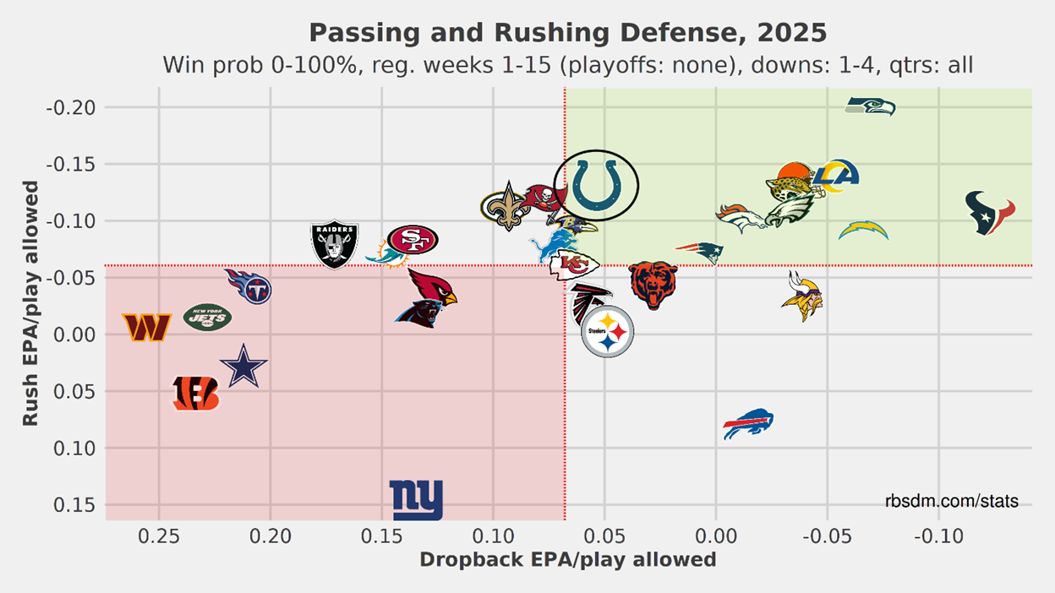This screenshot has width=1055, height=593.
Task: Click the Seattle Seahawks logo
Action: (870, 106)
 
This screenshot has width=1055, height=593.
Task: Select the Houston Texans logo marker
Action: (990, 213)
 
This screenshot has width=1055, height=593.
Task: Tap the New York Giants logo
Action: (416, 500)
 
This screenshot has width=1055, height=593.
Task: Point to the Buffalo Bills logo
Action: (749, 423)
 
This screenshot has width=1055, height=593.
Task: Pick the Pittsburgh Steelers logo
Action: (607, 333)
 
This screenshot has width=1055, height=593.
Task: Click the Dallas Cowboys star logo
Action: (243, 367)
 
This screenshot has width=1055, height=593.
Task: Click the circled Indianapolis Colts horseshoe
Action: (596, 185)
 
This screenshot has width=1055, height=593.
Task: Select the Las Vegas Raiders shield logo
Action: (335, 244)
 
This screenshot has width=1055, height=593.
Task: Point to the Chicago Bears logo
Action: (653, 285)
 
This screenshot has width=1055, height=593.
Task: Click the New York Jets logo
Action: (207, 318)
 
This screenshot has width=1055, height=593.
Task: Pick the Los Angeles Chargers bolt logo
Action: (864, 230)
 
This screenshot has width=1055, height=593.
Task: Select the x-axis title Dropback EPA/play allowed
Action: (567, 559)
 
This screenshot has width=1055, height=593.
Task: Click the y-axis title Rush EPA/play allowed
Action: (31, 302)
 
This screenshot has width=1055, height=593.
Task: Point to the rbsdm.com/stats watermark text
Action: (952, 502)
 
